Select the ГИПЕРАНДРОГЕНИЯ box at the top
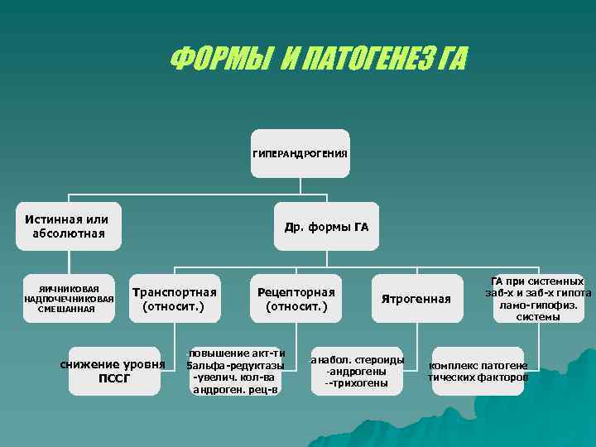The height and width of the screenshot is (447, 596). pyautogui.click(x=300, y=154)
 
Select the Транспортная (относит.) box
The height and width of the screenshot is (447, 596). pyautogui.click(x=174, y=299)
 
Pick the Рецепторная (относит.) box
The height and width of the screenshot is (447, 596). pyautogui.click(x=296, y=299)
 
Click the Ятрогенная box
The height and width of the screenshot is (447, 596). pyautogui.click(x=416, y=299)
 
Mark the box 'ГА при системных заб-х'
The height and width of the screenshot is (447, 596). pyautogui.click(x=538, y=299)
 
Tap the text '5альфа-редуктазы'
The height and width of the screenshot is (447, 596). pyautogui.click(x=235, y=365)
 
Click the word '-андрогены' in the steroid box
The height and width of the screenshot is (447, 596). pyautogui.click(x=357, y=372)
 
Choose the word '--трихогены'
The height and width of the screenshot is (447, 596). pyautogui.click(x=357, y=383)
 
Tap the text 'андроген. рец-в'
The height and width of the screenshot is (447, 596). pyautogui.click(x=235, y=389)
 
